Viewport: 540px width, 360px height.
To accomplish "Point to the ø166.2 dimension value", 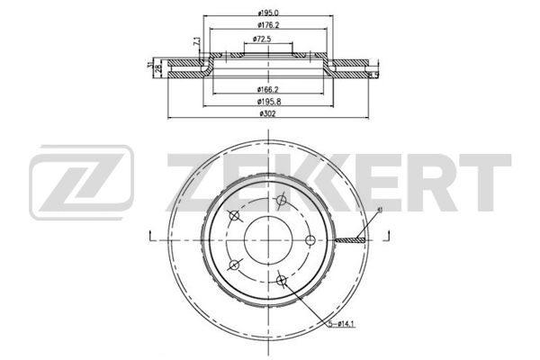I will click(x=266, y=89).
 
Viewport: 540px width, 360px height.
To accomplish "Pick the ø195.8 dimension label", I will click(x=266, y=101).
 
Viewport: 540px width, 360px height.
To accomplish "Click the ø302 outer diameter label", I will click(x=266, y=113).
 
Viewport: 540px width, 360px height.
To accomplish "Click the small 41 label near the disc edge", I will click(x=381, y=210).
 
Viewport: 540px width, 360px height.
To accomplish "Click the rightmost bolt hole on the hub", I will click(x=310, y=239).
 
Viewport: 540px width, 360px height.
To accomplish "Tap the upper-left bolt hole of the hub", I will click(x=235, y=215).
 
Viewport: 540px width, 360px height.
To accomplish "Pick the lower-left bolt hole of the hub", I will click(x=234, y=264).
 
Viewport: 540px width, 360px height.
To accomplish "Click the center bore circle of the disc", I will click(x=266, y=239).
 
